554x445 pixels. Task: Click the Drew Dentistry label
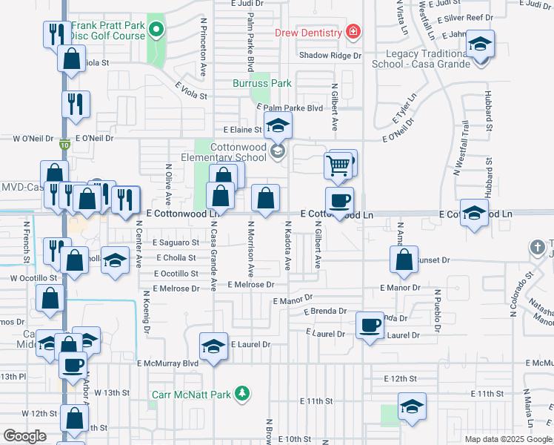click(x=308, y=33)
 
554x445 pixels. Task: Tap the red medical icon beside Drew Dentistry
click(x=353, y=32)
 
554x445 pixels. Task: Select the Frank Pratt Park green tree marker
click(x=156, y=30)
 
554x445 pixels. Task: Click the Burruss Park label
click(x=262, y=84)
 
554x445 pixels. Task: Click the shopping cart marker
click(x=338, y=164)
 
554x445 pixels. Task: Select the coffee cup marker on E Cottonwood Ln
click(x=340, y=200)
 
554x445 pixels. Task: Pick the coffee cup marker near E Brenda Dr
click(x=370, y=324)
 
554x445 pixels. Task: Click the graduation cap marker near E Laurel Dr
click(x=213, y=346)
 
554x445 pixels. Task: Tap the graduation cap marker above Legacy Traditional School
click(x=480, y=44)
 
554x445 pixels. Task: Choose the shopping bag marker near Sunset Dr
click(x=404, y=260)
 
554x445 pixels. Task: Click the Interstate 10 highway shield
click(x=66, y=145)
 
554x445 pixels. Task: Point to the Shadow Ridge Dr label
click(x=330, y=56)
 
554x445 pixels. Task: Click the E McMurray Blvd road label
click(x=168, y=363)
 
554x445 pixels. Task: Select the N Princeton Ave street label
click(x=202, y=48)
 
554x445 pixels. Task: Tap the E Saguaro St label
click(x=176, y=243)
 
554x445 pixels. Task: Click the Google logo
click(x=25, y=436)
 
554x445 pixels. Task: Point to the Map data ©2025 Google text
click(x=507, y=439)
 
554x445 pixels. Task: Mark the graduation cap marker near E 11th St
click(x=412, y=406)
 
